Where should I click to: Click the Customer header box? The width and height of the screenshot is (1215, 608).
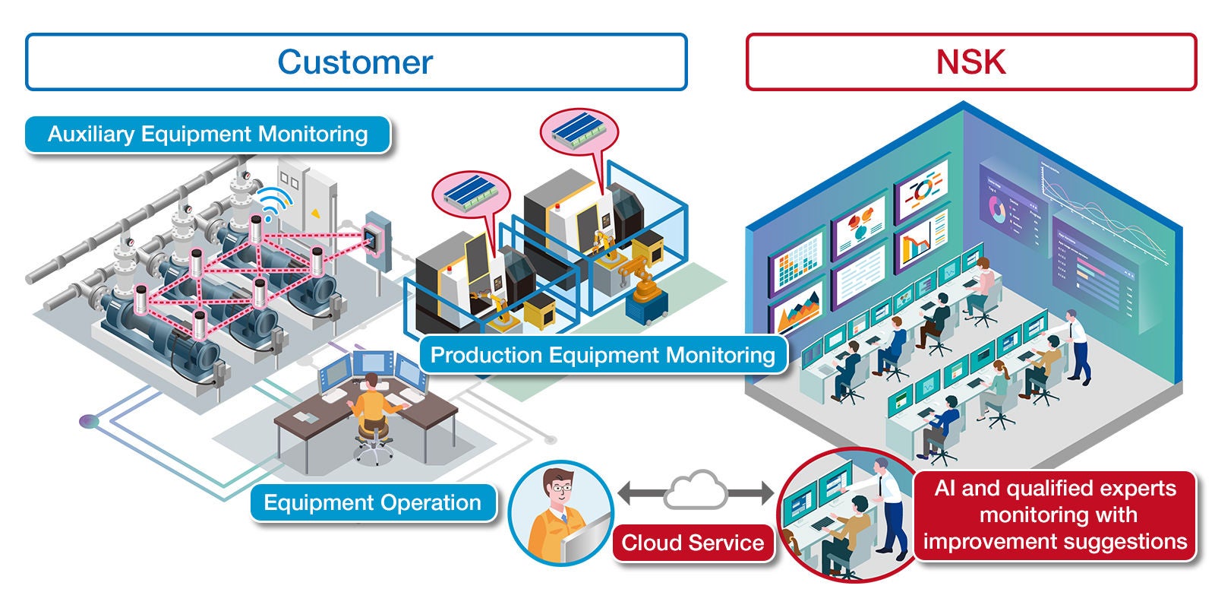pos(355,62)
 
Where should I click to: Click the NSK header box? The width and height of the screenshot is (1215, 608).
pos(970,62)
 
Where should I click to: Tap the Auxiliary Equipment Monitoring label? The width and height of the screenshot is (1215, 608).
pos(207,135)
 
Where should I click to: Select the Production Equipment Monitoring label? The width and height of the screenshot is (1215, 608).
pos(602,355)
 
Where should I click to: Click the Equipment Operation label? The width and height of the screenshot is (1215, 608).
pos(372,502)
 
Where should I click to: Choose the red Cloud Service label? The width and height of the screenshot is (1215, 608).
pos(692,543)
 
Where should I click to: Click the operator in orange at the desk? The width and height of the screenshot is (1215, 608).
pos(372,410)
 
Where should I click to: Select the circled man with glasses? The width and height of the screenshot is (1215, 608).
pos(560,511)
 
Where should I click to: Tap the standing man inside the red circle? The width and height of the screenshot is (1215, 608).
pos(888,509)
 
